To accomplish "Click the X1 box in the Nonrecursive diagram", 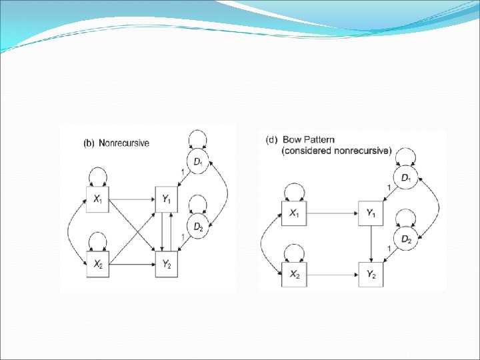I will pos(98,199).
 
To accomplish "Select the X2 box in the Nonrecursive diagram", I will pos(98,263).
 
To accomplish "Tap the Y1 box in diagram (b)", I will pos(166,199).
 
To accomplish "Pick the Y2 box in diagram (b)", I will pos(166,263).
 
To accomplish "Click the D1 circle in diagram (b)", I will pos(198,161).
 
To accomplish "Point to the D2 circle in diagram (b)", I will pos(198,227).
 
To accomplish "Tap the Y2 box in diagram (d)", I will pos(370,273).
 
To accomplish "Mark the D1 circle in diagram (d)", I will pos(406,179).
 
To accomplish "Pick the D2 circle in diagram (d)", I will pos(406,238).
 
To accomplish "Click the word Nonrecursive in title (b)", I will pos(125,143).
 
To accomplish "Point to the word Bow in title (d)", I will pos(292,140).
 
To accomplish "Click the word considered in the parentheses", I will pos(306,151).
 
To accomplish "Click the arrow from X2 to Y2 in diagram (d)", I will pos(333,273).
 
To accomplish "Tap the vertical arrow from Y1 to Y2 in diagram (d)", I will pos(370,243).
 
